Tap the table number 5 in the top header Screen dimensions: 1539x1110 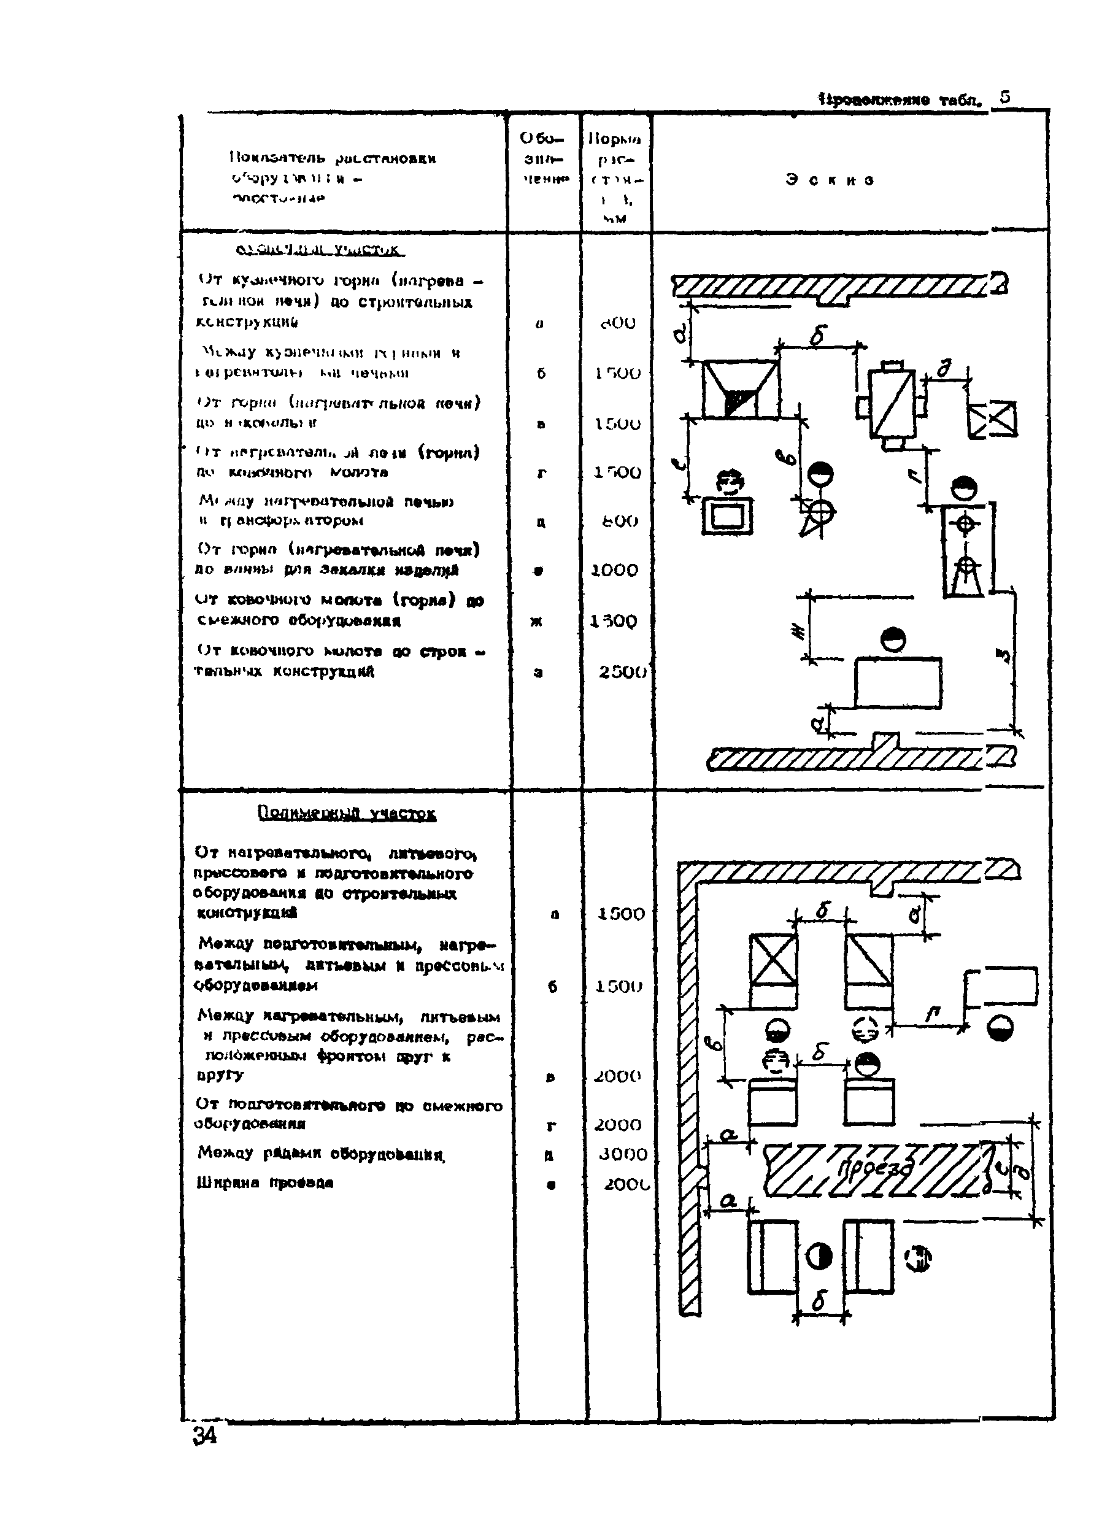click(x=1005, y=96)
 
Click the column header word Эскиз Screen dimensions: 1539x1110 click(x=830, y=180)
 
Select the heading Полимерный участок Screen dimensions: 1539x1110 click(x=347, y=813)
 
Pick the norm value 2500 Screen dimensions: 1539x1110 click(x=622, y=672)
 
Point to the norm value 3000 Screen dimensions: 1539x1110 click(x=622, y=1154)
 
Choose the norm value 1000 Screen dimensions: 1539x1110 click(x=615, y=571)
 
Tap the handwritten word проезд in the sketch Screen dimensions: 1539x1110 click(x=873, y=1168)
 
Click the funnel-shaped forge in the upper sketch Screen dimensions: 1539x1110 click(x=740, y=390)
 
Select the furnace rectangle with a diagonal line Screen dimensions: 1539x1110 click(x=892, y=404)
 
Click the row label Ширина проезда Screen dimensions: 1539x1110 click(x=264, y=1182)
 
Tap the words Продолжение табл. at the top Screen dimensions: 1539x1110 click(x=900, y=101)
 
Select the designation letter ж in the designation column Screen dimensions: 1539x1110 click(x=536, y=622)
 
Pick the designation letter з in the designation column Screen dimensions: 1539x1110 click(x=538, y=673)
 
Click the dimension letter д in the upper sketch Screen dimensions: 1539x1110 click(x=944, y=368)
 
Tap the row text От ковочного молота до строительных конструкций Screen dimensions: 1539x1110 click(x=339, y=661)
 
